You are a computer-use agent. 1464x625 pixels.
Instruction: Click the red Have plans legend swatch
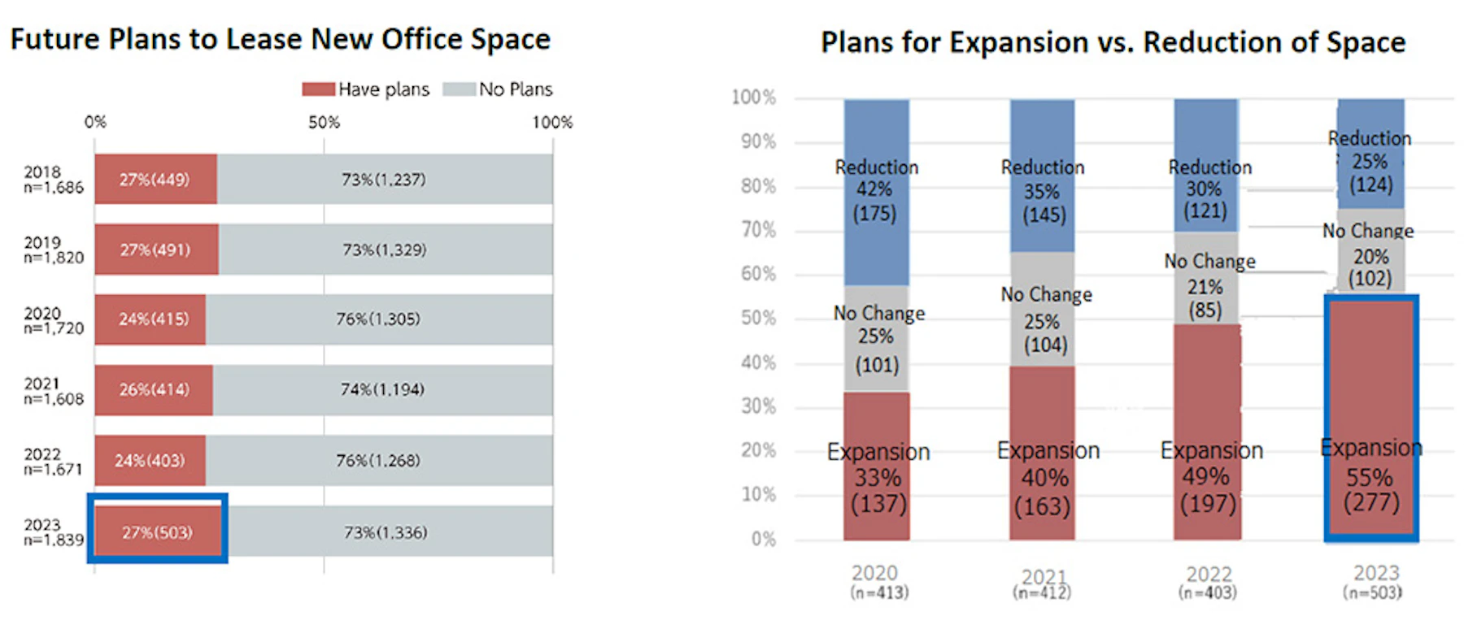pos(318,89)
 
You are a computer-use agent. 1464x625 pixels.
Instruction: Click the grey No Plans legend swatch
pos(459,89)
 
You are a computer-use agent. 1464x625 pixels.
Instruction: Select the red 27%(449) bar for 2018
pos(155,179)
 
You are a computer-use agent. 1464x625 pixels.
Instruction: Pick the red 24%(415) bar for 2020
pos(150,319)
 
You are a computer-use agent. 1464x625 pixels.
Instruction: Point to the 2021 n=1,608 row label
pos(54,391)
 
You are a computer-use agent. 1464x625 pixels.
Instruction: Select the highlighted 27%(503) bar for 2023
pos(158,532)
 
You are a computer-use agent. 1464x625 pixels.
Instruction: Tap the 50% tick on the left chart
pos(324,123)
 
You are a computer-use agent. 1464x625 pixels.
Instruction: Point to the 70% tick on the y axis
pos(758,230)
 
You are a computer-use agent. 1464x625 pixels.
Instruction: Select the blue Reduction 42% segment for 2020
pos(876,192)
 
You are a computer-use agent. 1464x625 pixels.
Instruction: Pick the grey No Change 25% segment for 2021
pos(1043,309)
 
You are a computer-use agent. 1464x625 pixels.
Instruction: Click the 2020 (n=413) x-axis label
pos(877,582)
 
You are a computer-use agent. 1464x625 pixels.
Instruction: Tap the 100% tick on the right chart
pos(754,98)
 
